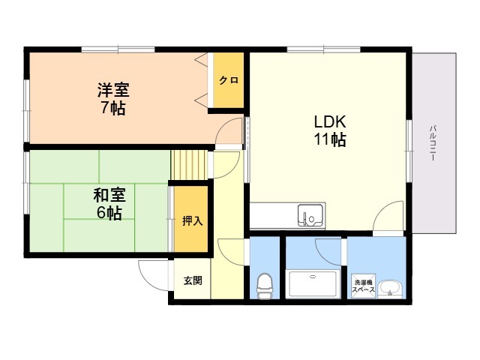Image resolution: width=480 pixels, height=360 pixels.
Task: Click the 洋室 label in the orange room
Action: pos(113,90)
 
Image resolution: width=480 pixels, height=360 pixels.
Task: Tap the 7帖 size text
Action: pos(113,107)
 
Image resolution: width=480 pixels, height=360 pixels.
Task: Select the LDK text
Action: pos(330,121)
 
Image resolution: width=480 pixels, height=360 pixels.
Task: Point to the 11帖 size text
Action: pos(330,139)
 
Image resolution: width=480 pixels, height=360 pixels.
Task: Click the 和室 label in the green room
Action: pos(109,195)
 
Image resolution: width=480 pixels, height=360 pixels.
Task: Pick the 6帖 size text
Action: pos(109,213)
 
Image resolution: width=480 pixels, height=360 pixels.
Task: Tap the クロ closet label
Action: pos(229,80)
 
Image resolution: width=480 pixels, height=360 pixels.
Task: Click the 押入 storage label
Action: pos(192,220)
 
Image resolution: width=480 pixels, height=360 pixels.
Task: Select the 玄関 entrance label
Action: pos(193,280)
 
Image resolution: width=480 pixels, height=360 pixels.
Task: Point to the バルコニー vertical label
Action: pos(433,142)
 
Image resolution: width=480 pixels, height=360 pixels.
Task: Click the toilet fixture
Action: pos(265,286)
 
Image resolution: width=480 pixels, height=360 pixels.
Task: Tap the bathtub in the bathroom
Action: pos(313,284)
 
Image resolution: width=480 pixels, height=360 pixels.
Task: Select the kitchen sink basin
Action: pos(310,215)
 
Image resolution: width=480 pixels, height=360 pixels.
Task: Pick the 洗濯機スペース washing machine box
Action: pos(363,286)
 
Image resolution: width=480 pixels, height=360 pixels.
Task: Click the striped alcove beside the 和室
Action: pos(189,165)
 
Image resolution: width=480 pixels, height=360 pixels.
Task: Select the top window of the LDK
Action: pos(323,49)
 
